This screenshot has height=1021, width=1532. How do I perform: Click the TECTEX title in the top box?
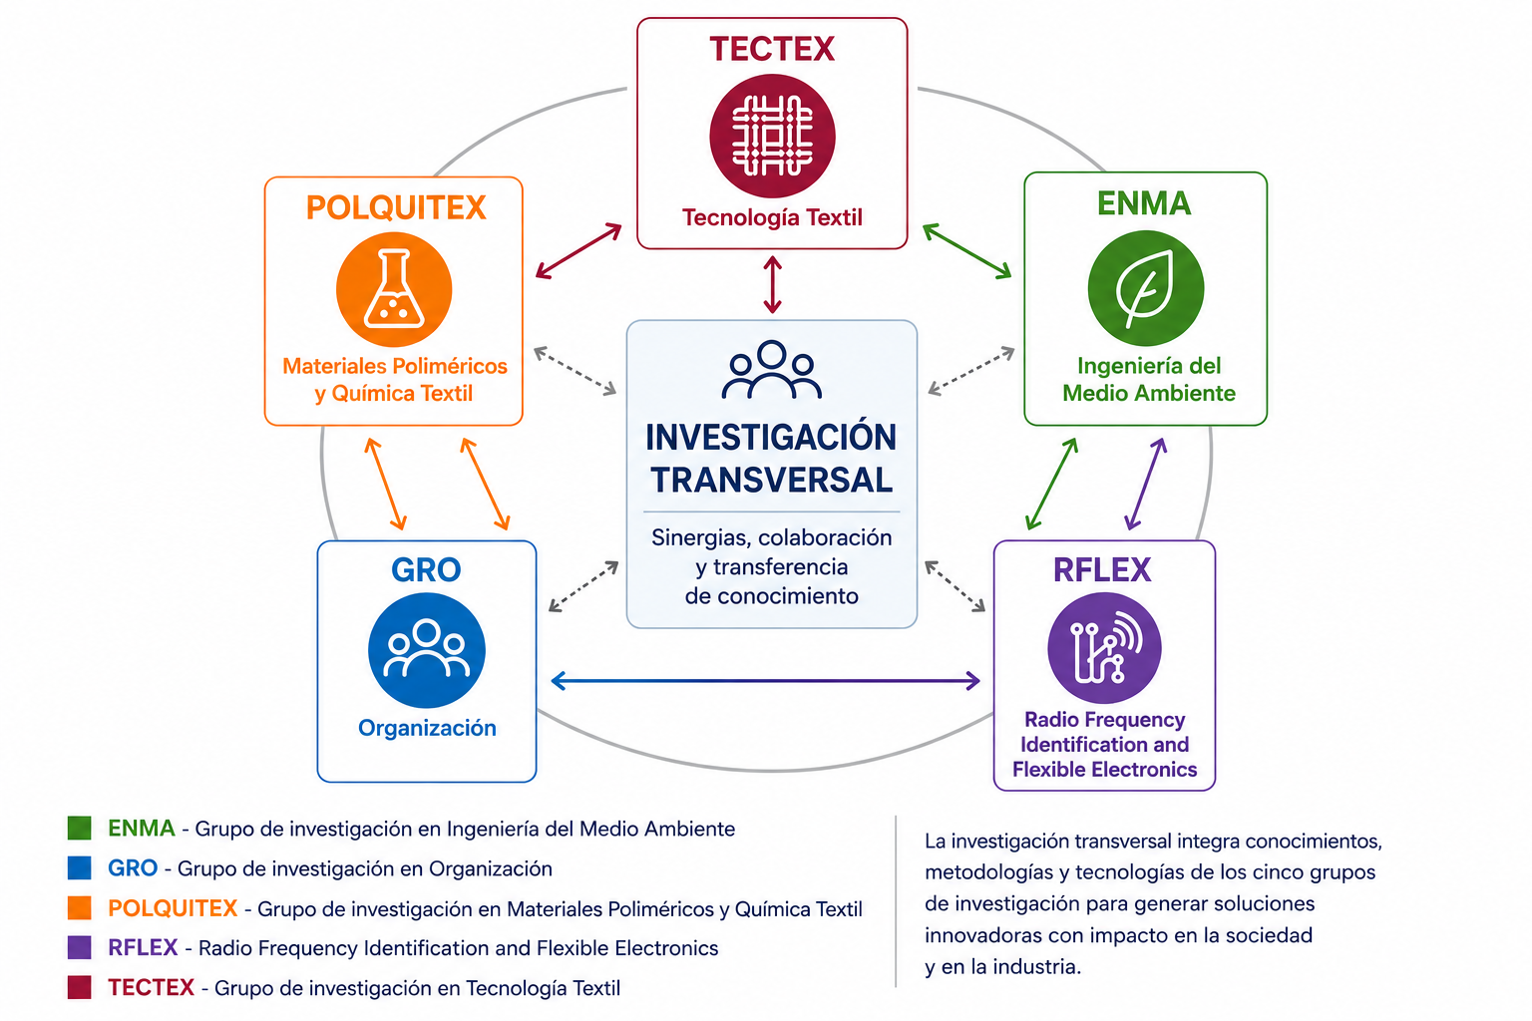(x=772, y=49)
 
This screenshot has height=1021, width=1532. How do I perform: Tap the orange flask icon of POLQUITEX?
(x=394, y=289)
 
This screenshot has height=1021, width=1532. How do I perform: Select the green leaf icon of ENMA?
(x=1146, y=288)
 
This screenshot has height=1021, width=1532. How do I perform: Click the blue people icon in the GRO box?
(x=427, y=650)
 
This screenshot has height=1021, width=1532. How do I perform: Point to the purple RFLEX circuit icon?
(x=1104, y=648)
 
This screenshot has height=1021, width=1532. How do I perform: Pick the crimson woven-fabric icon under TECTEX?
(x=772, y=136)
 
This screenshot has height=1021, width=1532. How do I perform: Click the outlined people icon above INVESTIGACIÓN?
(x=771, y=370)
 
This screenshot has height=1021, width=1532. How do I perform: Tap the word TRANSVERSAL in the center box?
(x=771, y=480)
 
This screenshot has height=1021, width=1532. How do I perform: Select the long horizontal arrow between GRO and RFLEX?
(x=765, y=680)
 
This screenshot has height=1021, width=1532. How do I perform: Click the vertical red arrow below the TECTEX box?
(x=772, y=284)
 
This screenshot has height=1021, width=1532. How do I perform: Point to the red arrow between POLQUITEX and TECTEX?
(x=578, y=251)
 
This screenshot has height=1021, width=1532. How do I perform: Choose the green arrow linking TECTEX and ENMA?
(x=967, y=251)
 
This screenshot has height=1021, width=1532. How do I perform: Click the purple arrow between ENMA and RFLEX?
(x=1146, y=485)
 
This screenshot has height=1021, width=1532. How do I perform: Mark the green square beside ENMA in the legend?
(x=80, y=829)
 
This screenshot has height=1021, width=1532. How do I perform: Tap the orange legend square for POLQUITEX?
(x=80, y=908)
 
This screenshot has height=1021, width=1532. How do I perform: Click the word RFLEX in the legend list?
(x=143, y=948)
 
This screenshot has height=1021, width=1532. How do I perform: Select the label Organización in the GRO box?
(x=428, y=728)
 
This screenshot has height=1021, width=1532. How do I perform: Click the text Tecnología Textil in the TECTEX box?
(x=772, y=217)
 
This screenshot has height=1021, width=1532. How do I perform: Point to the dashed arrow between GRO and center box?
(x=584, y=586)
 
